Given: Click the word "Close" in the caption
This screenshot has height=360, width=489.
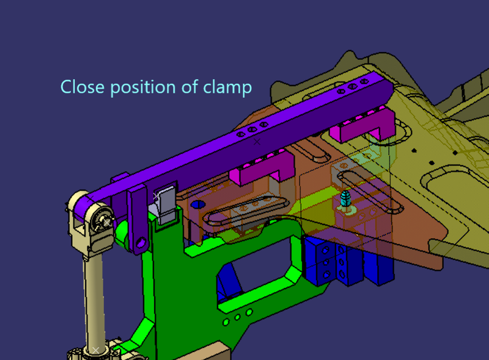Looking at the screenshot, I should (x=83, y=87).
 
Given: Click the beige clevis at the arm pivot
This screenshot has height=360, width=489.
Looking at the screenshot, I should (x=92, y=220).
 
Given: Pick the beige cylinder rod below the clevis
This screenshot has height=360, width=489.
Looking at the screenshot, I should (x=95, y=299).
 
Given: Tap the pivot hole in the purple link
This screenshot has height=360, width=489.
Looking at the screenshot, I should (x=141, y=243).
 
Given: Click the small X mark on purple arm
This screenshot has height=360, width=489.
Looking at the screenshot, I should (x=257, y=141).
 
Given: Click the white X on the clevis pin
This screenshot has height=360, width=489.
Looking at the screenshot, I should (x=106, y=222).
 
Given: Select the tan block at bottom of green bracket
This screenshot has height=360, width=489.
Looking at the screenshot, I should (x=213, y=353).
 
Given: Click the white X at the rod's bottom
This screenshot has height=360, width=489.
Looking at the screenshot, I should (x=95, y=350).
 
